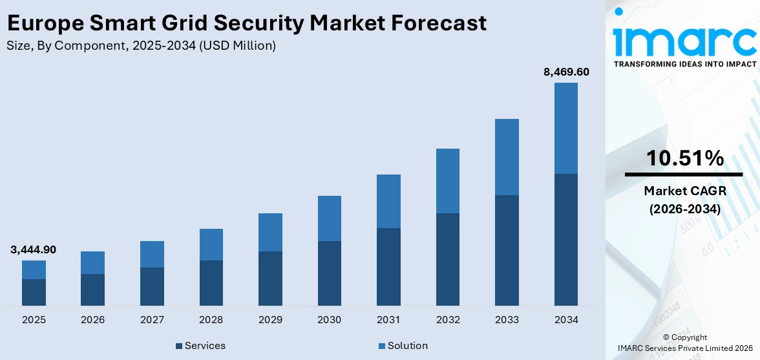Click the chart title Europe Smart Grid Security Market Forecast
(x=246, y=23)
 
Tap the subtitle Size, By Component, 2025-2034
(x=142, y=45)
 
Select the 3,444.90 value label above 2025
(x=33, y=249)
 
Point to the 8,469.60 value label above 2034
(x=566, y=72)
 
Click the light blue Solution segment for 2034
(x=565, y=128)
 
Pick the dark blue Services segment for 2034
(x=565, y=239)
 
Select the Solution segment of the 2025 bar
(x=34, y=270)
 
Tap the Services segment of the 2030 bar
(x=329, y=273)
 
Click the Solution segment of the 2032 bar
(x=447, y=181)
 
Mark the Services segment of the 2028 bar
(x=211, y=282)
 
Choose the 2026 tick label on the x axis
(x=92, y=319)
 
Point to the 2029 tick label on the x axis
(x=270, y=319)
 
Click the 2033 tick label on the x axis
(x=507, y=319)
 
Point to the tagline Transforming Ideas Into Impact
(x=684, y=64)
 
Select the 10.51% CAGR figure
(x=684, y=158)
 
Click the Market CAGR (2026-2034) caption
(x=684, y=200)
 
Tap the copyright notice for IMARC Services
(x=684, y=343)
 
